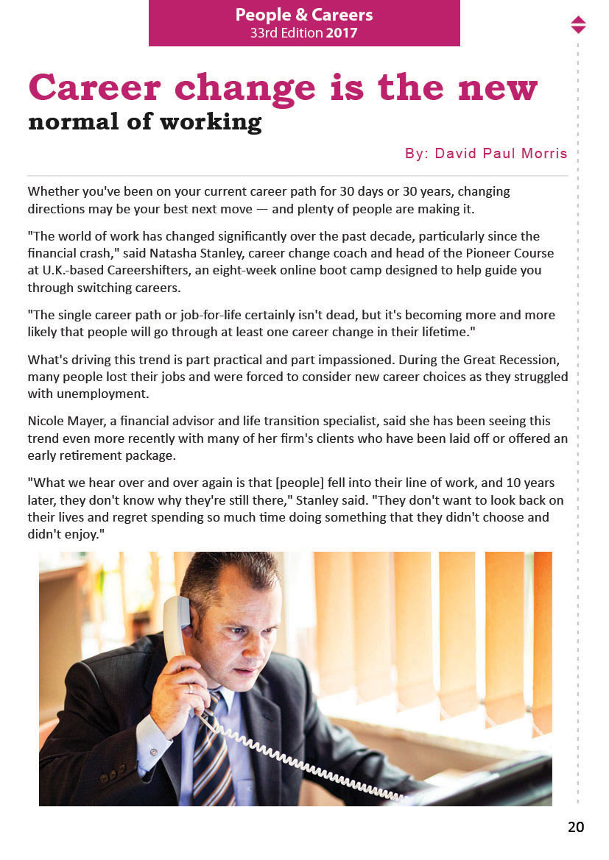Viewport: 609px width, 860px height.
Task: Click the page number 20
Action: [575, 827]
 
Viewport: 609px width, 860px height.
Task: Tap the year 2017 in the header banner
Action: [341, 33]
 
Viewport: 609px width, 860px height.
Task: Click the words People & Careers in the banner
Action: [304, 15]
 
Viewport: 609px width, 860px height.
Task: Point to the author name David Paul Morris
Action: [501, 154]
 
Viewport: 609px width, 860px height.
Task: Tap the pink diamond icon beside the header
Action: [578, 24]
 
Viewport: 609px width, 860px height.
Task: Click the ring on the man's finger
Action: [190, 689]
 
